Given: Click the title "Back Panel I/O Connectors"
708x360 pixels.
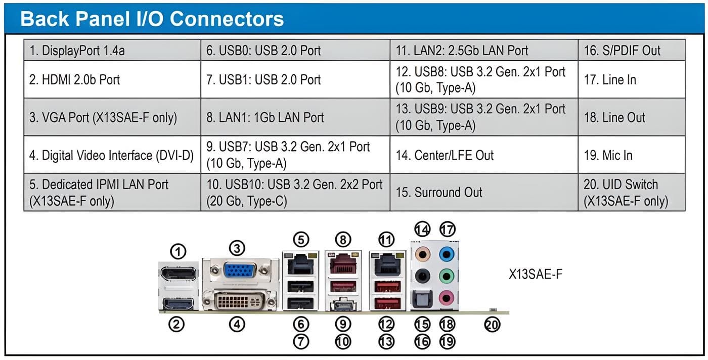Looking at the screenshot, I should (152, 19).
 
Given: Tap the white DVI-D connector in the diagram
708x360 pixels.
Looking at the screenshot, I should (239, 302).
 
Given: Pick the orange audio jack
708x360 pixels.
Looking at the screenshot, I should (422, 252).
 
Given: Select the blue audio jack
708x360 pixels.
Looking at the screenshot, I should (446, 253).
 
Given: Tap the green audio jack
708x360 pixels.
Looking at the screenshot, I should (446, 276).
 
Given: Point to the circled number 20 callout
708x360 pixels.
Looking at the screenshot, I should (492, 325).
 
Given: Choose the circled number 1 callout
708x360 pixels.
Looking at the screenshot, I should (178, 251).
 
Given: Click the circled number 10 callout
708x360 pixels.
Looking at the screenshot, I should (343, 342).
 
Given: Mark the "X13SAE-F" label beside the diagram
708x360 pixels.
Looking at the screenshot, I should (536, 275).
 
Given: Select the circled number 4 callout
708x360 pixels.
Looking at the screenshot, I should (237, 325).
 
